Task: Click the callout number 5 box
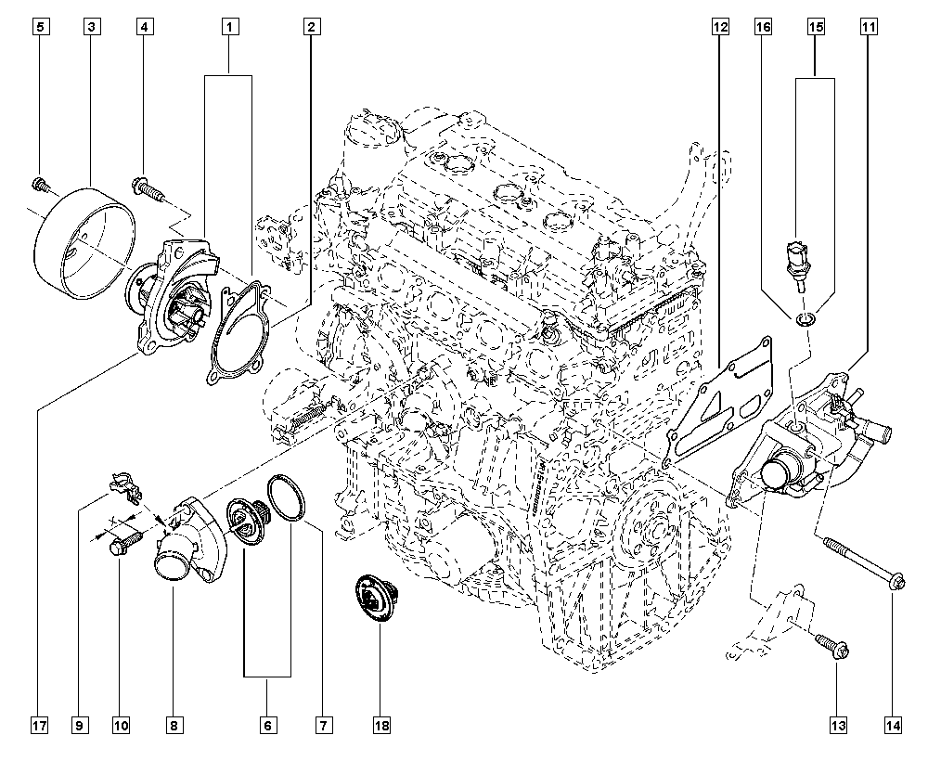pos(40,27)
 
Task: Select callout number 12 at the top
pos(719,27)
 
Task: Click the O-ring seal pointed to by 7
pos(287,498)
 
